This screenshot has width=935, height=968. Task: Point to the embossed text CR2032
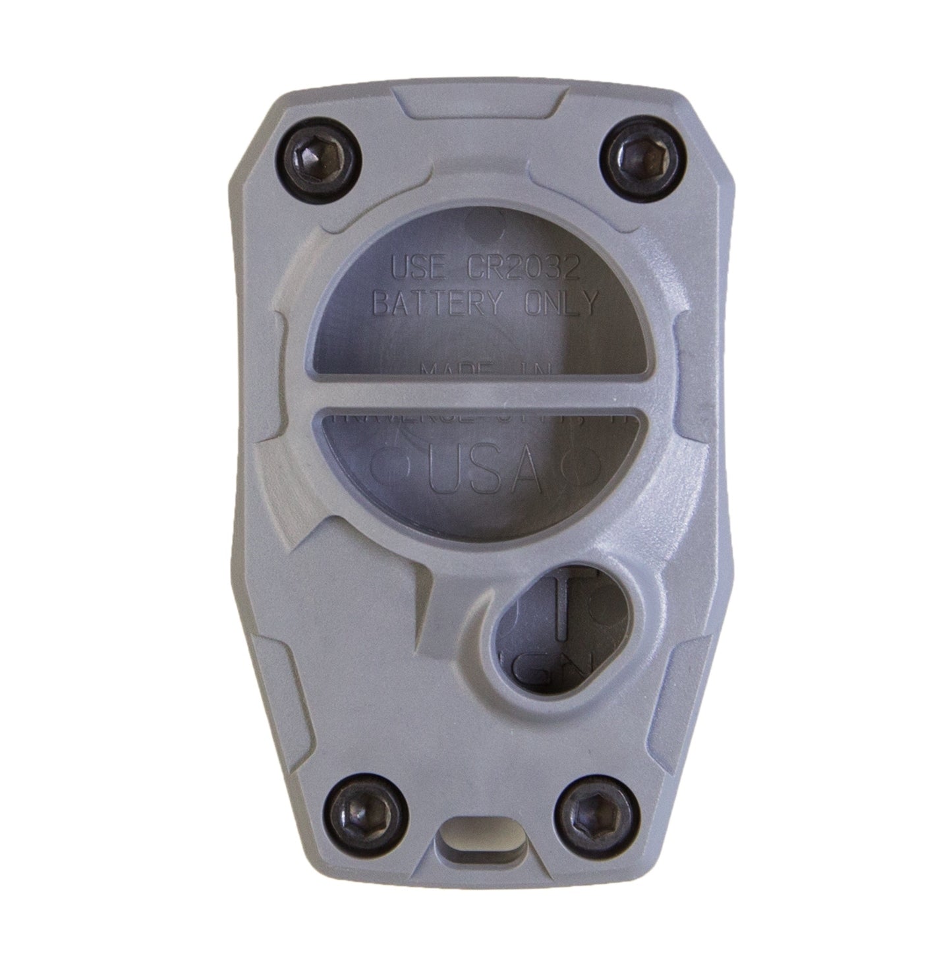(523, 269)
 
